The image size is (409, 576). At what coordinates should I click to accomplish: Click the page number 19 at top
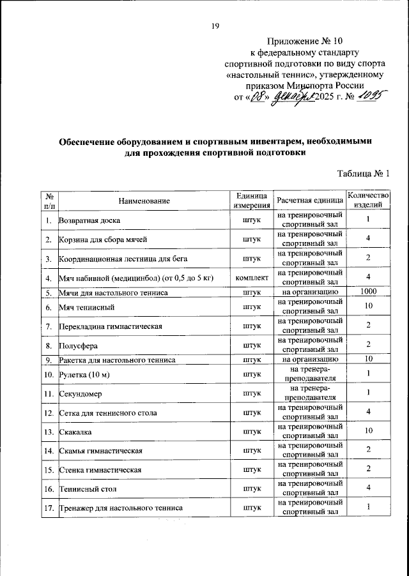pyautogui.click(x=215, y=26)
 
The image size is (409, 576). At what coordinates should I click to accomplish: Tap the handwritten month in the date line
pyautogui.click(x=291, y=98)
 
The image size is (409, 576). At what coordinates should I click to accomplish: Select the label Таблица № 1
pyautogui.click(x=362, y=174)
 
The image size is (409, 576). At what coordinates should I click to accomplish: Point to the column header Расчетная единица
pyautogui.click(x=309, y=201)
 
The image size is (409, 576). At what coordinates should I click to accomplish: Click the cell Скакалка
pyautogui.click(x=74, y=431)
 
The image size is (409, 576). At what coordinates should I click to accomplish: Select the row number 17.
pyautogui.click(x=49, y=508)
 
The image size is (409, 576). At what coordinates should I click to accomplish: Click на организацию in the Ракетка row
pyautogui.click(x=309, y=360)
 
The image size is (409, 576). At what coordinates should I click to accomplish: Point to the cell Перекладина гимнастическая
pyautogui.click(x=109, y=326)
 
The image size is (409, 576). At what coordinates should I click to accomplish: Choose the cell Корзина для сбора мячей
pyautogui.click(x=103, y=240)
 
